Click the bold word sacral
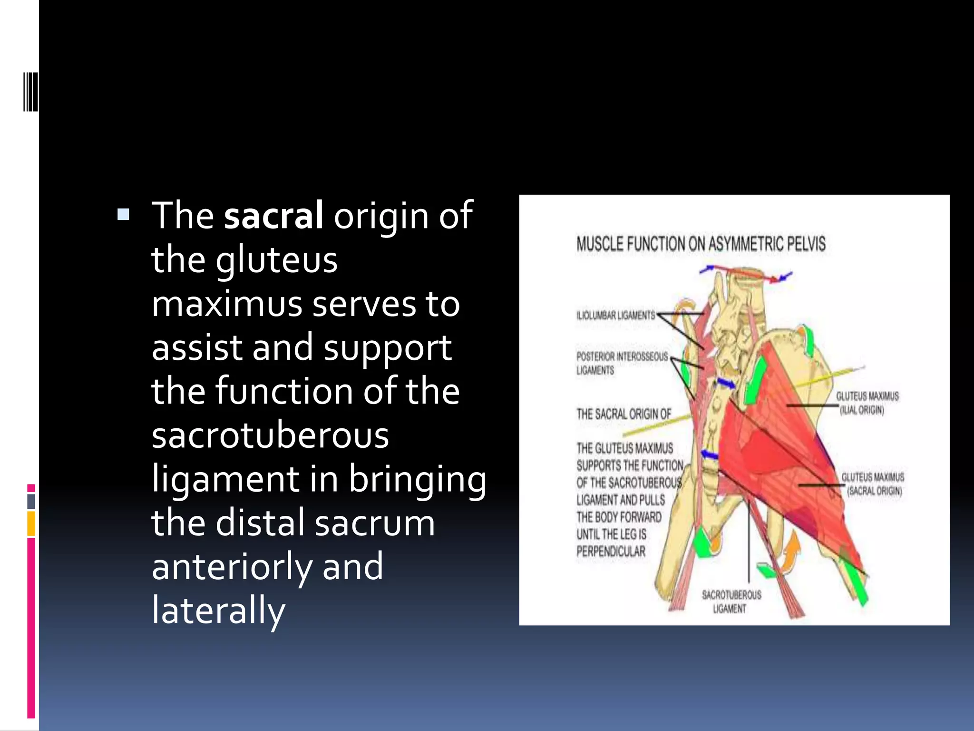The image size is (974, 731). tap(273, 216)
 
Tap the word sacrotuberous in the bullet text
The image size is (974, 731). tap(270, 435)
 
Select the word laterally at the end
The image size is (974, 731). tap(218, 611)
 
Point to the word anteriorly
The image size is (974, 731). tap(232, 567)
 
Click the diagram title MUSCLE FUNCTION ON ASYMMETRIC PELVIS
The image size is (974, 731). tap(701, 244)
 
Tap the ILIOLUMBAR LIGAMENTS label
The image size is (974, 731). tap(615, 315)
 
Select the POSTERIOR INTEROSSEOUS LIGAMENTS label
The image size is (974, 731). tap(621, 363)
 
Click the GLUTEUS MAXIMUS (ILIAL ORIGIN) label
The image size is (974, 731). tap(867, 403)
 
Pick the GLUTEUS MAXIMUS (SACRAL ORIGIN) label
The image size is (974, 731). tap(872, 484)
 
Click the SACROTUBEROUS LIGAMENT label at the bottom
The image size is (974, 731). tap(731, 601)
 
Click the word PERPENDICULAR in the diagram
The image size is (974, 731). tap(611, 552)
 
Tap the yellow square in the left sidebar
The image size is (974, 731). tap(31, 524)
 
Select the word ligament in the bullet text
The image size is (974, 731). tap(225, 479)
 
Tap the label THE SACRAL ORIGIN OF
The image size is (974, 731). tap(623, 414)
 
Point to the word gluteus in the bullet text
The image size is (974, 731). tap(276, 260)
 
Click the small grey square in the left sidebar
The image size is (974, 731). tap(31, 501)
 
